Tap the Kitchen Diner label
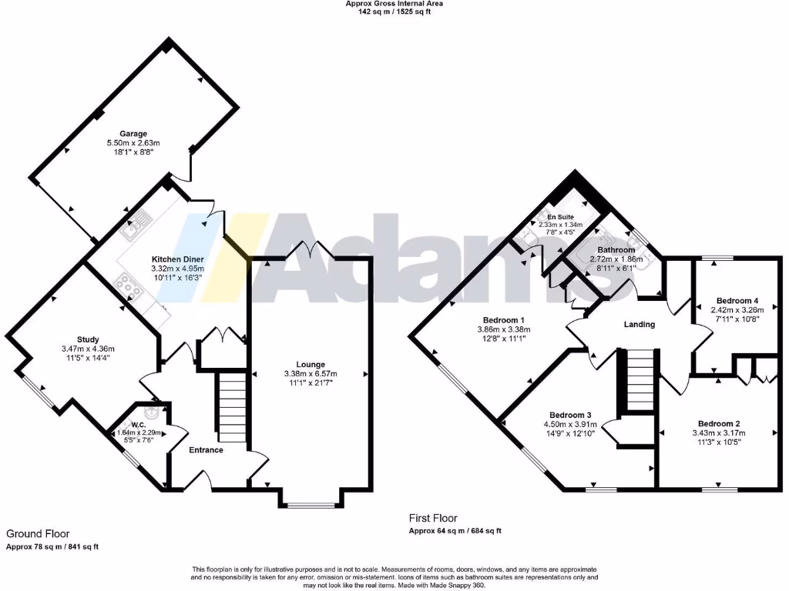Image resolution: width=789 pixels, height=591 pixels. tap(176, 259)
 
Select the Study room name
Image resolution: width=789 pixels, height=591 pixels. tap(88, 339)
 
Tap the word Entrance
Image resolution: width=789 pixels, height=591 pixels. tap(206, 450)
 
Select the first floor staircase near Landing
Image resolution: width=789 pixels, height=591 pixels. tap(639, 381)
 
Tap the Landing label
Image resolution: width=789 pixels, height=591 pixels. tap(639, 325)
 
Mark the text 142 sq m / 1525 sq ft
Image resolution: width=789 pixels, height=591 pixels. tap(394, 12)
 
